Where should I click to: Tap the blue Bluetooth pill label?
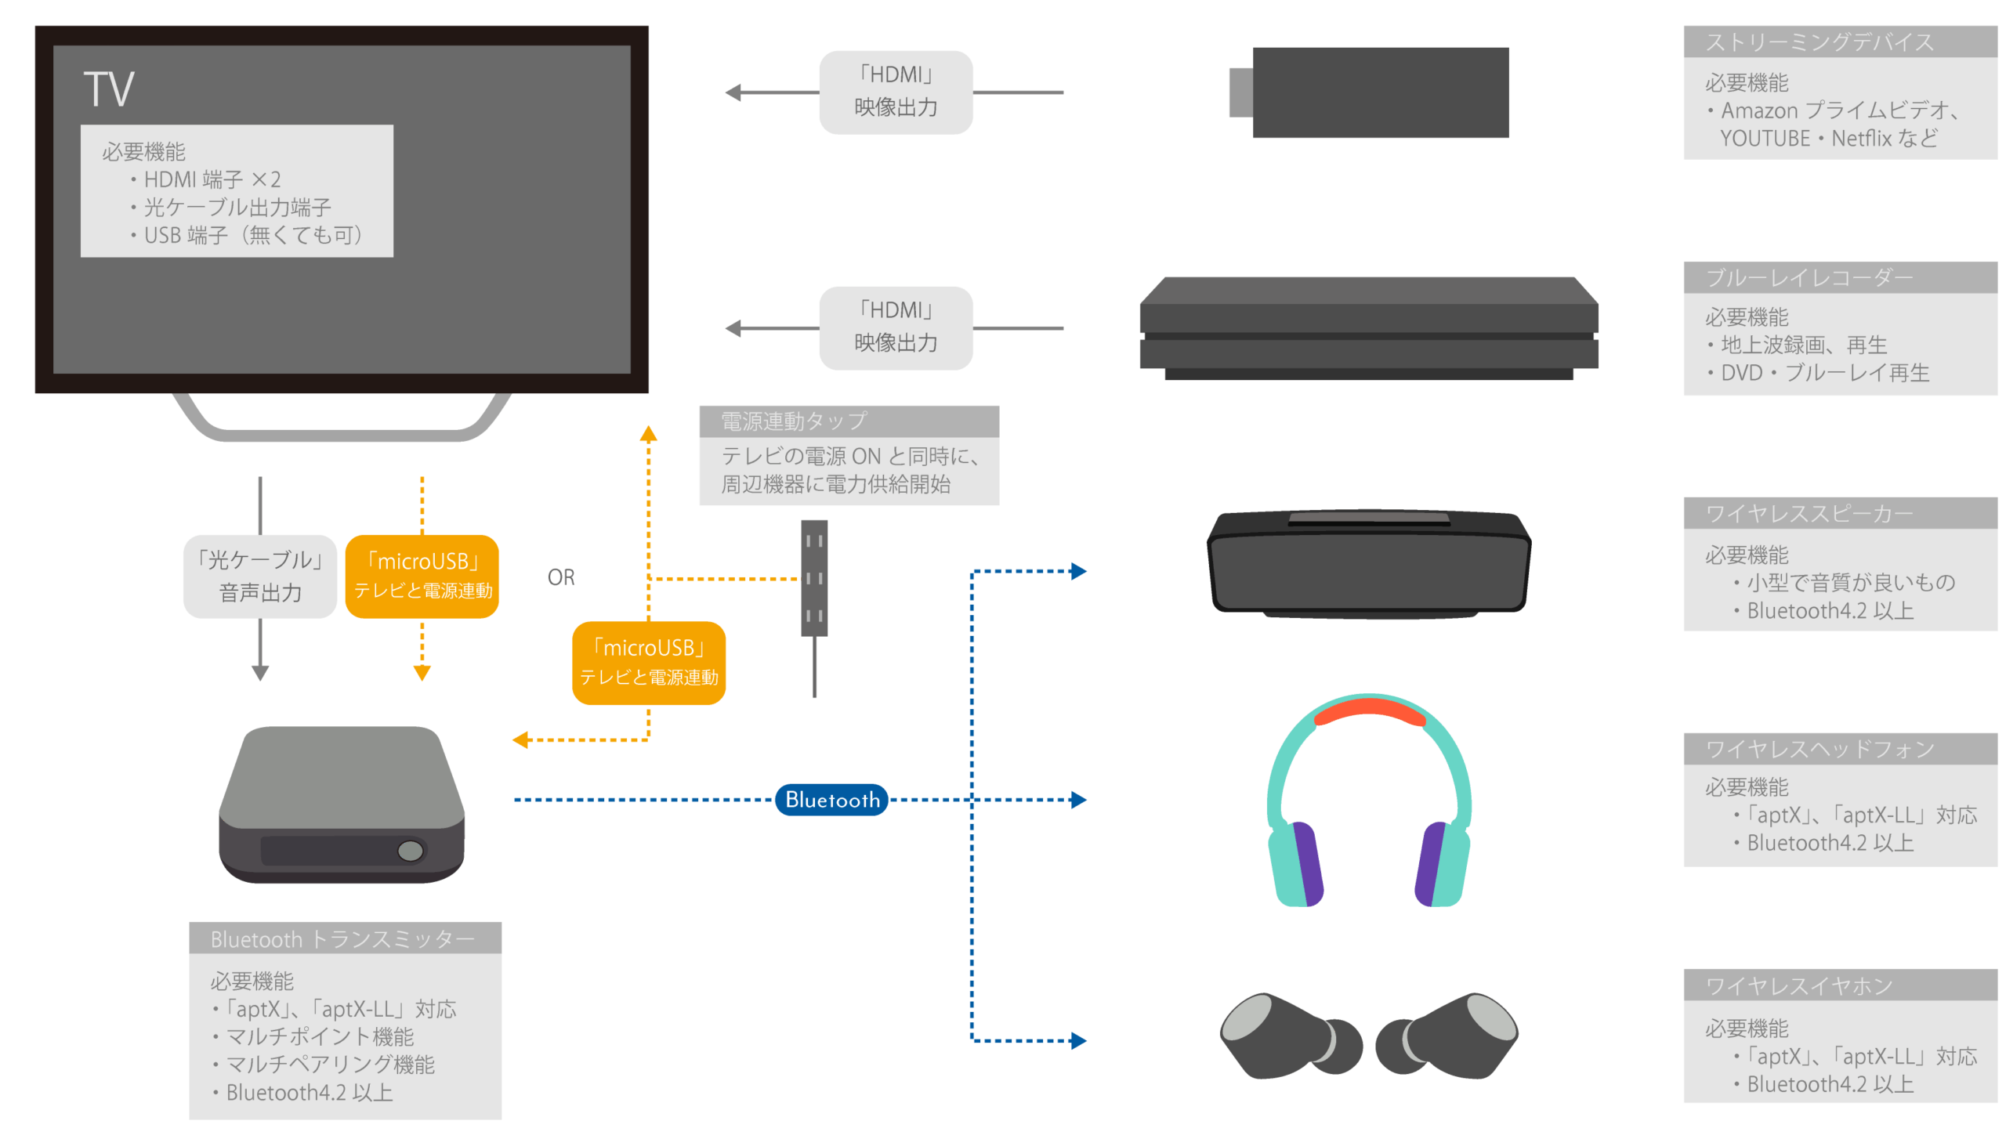coord(831,800)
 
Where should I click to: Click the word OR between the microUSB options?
coord(561,577)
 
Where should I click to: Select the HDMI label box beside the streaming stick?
coord(896,92)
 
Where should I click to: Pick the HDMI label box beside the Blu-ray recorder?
coord(896,327)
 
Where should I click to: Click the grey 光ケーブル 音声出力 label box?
coord(260,577)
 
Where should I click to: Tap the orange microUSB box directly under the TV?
coord(422,577)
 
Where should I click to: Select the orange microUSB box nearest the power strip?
coord(648,663)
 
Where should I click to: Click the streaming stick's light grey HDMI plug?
coord(1240,92)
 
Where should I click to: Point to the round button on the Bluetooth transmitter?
coord(410,851)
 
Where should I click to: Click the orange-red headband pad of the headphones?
coord(1369,711)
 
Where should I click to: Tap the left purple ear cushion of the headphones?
coord(1306,862)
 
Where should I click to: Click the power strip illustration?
coord(814,580)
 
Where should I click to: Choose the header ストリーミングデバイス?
coord(1819,42)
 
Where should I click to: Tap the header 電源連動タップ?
coord(793,421)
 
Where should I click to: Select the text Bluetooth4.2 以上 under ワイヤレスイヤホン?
coord(1830,1084)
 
